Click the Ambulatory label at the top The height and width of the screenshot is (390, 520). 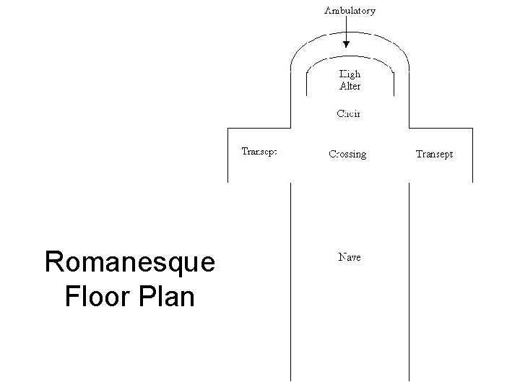(350, 11)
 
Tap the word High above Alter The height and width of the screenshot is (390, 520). (350, 74)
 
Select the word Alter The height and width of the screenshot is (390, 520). (350, 86)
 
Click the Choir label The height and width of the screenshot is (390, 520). (350, 113)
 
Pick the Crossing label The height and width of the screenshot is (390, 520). (347, 154)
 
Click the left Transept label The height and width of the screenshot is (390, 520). (259, 152)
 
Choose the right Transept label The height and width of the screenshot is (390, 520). (435, 154)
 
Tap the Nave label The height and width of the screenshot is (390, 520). (350, 256)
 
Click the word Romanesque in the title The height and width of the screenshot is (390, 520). (129, 262)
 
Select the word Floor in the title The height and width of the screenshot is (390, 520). (95, 296)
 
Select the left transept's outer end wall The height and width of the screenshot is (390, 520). (228, 155)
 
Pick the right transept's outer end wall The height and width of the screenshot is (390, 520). (472, 155)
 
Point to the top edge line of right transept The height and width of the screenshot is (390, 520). (441, 129)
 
